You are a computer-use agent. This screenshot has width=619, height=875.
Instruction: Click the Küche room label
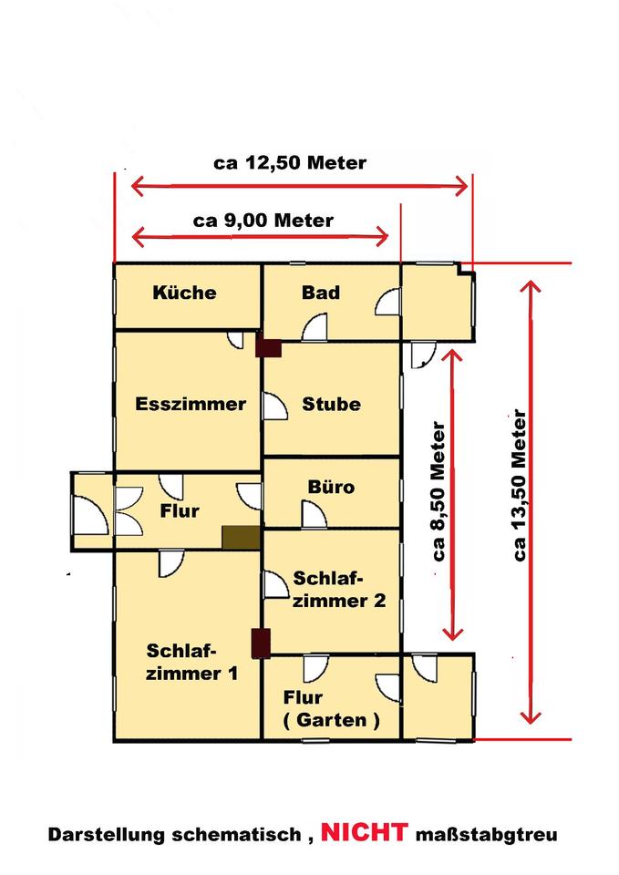tap(184, 293)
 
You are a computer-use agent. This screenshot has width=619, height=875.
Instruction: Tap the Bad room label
tap(321, 293)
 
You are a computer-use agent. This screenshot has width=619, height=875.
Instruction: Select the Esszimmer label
tap(191, 404)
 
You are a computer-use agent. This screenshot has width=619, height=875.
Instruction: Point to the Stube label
tap(331, 404)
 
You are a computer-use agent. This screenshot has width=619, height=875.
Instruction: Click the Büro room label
tap(331, 487)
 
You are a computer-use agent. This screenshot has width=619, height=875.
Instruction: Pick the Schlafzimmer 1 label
tap(191, 662)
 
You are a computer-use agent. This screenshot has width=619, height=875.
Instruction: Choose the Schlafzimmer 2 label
tap(339, 590)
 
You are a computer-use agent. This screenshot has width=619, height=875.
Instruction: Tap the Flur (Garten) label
tap(331, 709)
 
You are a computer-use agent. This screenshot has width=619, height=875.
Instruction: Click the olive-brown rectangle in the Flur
tap(241, 538)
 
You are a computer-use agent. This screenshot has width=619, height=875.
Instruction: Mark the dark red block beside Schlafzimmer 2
tap(261, 643)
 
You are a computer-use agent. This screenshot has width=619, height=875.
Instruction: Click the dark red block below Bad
tap(268, 347)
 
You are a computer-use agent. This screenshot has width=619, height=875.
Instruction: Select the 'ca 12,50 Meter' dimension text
tap(290, 163)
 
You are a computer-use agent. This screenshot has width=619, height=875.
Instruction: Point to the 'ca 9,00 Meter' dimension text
tap(263, 221)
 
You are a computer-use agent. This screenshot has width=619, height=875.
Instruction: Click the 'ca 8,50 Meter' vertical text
tap(438, 491)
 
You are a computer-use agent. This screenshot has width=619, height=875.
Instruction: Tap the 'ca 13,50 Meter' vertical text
tap(519, 486)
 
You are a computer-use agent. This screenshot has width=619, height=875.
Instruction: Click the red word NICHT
tap(364, 832)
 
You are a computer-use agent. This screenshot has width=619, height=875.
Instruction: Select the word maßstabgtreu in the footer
tap(486, 835)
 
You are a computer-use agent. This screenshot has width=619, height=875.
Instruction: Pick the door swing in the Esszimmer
tap(235, 339)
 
